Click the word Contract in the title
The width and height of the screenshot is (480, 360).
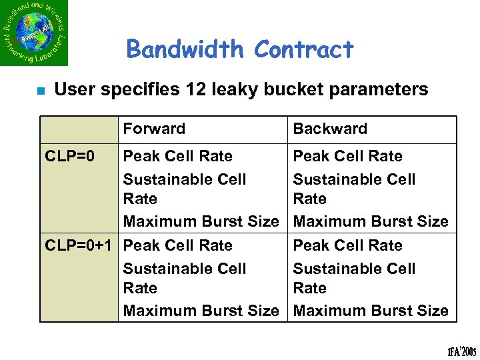coord(304,49)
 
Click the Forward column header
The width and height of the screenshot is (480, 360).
coord(154,129)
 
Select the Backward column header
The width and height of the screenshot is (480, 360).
coord(330,129)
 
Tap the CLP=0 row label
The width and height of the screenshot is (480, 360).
coord(69,156)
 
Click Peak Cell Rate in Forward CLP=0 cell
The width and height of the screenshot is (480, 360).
coord(178,156)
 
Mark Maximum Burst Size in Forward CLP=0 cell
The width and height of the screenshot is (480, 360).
coord(201,221)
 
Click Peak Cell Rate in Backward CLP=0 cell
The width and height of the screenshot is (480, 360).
coord(348,156)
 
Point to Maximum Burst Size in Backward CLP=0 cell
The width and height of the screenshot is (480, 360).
coord(371,221)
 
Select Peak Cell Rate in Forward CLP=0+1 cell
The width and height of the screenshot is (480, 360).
coord(178,245)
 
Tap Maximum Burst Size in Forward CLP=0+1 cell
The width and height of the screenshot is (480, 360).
coord(201,311)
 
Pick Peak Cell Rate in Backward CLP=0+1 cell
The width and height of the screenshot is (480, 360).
coord(348,245)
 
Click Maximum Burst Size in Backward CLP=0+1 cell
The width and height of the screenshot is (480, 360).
coord(371,311)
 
